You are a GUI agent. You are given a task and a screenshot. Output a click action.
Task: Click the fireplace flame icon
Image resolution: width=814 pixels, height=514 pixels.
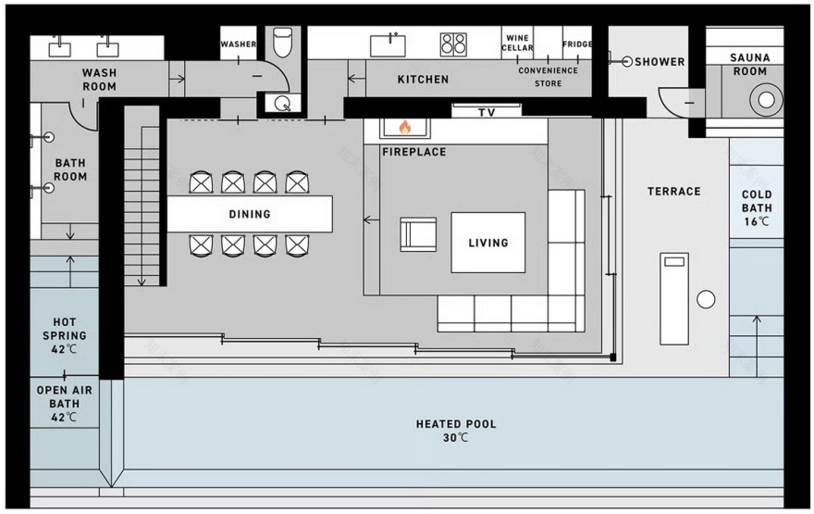pos(404,127)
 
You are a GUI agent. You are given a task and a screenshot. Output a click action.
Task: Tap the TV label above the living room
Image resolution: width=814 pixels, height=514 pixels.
pos(487,112)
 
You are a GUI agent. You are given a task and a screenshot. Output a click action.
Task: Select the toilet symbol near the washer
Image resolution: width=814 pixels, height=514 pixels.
pos(281,42)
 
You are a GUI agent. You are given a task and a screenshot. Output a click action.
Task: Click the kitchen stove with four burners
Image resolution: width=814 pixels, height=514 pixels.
pos(453,44)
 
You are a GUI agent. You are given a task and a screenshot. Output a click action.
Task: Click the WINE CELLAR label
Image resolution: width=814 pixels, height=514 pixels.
pos(517,44)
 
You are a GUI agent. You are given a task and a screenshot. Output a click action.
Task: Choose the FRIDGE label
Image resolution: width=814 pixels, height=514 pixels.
pos(576,44)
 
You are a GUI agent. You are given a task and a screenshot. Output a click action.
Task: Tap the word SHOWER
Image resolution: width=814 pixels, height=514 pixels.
pos(660,62)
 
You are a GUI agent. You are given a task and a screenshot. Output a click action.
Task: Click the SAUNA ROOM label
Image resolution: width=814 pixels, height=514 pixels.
pos(750,64)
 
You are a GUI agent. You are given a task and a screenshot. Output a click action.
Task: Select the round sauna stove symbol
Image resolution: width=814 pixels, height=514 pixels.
pos(765,99)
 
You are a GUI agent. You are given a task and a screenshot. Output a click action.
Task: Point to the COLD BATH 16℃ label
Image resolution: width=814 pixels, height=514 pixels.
pos(757,208)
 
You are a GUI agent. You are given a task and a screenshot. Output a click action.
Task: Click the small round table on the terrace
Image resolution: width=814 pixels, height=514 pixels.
pos(706,299)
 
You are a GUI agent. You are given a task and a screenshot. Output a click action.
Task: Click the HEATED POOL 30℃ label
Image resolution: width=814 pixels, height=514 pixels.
pos(456,430)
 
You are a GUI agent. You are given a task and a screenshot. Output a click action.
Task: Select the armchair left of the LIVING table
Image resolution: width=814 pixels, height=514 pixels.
pos(418,233)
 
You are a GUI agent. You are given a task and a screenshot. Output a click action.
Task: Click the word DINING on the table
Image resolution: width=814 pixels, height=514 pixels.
pos(250,214)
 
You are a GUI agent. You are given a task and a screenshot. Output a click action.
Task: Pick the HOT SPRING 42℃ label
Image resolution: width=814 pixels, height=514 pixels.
pos(65,335)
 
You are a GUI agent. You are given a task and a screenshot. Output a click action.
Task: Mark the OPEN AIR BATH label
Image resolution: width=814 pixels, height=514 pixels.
pos(65,404)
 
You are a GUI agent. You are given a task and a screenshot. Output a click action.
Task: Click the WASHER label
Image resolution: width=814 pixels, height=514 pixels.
pos(239,44)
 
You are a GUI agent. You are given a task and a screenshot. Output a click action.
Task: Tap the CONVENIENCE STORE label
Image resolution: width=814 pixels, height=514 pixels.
pos(548,77)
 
